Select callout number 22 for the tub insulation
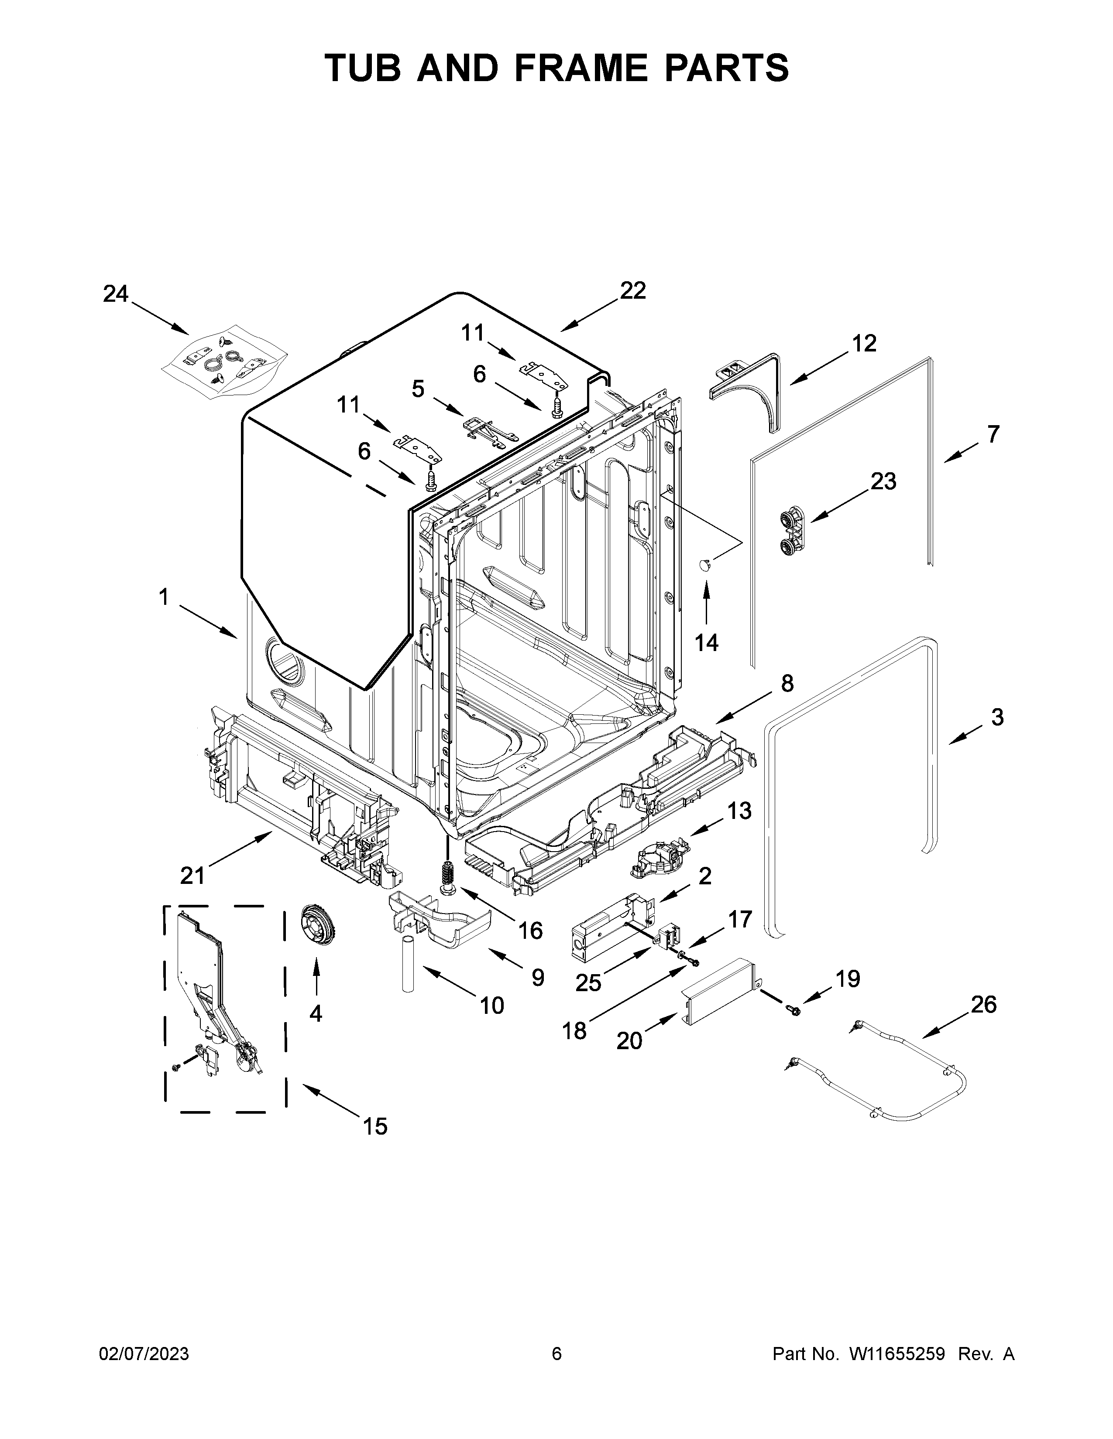pyautogui.click(x=632, y=290)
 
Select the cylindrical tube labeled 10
pyautogui.click(x=408, y=972)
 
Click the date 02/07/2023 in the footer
pyautogui.click(x=144, y=1354)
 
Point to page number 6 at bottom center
pyautogui.click(x=556, y=1354)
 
